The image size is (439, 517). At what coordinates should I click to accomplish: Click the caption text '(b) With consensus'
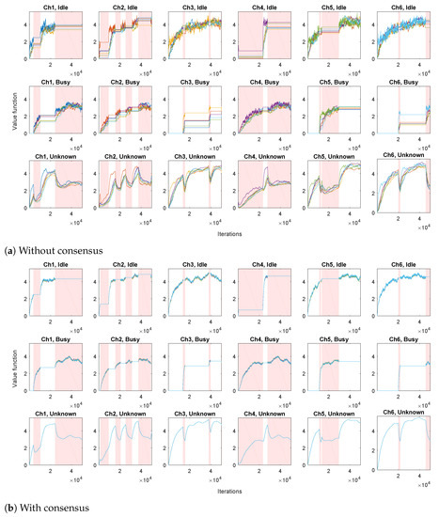[x=41, y=508]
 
